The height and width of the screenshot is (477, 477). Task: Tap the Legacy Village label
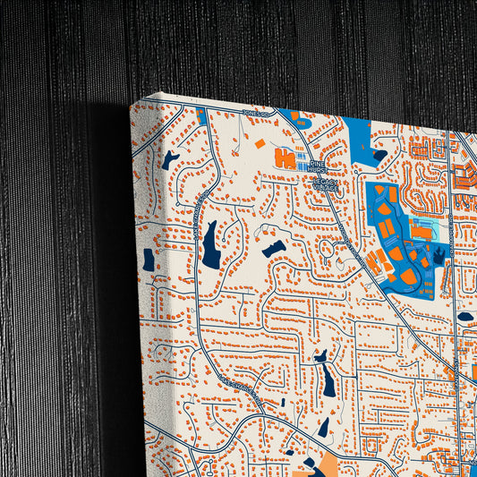[x=326, y=183]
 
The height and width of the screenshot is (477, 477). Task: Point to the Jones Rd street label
[x=256, y=113]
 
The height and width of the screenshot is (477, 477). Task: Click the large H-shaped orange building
[x=285, y=159]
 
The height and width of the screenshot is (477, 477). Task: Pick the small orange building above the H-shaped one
[x=260, y=143]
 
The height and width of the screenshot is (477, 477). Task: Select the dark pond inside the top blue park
[x=379, y=155]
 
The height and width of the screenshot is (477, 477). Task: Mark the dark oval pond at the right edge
[x=465, y=316]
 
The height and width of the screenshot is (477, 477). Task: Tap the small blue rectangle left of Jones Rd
[x=202, y=117]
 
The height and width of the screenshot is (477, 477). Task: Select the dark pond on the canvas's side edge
[x=149, y=260]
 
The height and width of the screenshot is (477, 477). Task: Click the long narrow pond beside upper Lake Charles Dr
[x=210, y=245]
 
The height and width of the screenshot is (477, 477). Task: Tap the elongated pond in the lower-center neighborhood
[x=328, y=381]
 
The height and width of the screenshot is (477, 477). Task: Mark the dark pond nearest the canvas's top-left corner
[x=170, y=159]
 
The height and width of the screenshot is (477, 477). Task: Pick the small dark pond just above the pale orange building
[x=323, y=427]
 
